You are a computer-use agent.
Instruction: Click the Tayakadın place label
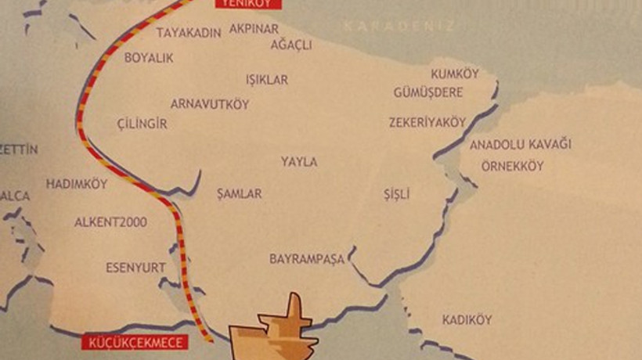189,33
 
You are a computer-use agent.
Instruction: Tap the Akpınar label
254,29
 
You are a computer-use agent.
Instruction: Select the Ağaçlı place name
291,45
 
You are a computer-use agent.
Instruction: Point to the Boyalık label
149,58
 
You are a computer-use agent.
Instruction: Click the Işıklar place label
267,80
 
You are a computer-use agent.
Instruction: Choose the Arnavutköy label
210,104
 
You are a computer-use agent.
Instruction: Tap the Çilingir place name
142,124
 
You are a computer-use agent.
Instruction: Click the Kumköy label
455,74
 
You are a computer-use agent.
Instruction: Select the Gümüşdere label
428,92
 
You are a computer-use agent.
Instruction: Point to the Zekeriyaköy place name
427,122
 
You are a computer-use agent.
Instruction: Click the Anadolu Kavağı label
521,145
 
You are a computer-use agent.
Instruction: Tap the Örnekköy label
512,167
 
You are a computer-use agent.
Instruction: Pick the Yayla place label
299,162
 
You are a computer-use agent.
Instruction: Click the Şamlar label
240,193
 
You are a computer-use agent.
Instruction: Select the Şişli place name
397,194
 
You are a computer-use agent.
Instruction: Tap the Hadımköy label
76,184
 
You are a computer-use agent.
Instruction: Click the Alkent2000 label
110,222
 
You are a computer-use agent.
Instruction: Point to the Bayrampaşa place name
307,258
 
